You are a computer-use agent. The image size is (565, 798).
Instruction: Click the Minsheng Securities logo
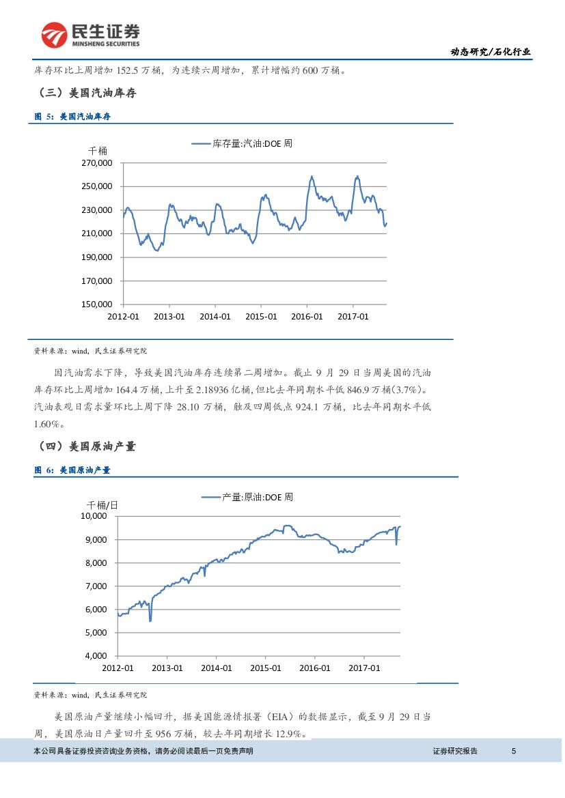click(x=90, y=35)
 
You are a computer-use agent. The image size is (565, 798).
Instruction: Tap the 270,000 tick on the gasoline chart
click(x=97, y=163)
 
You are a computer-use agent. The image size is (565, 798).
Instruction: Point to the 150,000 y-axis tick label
click(x=97, y=304)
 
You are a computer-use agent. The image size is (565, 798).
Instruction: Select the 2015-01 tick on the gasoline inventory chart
click(x=261, y=317)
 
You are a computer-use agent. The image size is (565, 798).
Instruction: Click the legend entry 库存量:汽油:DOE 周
click(x=242, y=144)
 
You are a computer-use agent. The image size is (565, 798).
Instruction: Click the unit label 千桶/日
click(x=102, y=504)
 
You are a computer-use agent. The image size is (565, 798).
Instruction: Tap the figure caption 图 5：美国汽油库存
click(x=72, y=117)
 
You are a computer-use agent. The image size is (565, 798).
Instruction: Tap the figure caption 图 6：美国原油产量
click(x=72, y=470)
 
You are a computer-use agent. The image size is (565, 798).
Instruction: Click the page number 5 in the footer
click(x=514, y=752)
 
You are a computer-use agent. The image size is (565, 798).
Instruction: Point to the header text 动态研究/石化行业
click(x=491, y=52)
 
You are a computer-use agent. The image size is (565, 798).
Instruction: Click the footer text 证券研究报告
click(x=455, y=752)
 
